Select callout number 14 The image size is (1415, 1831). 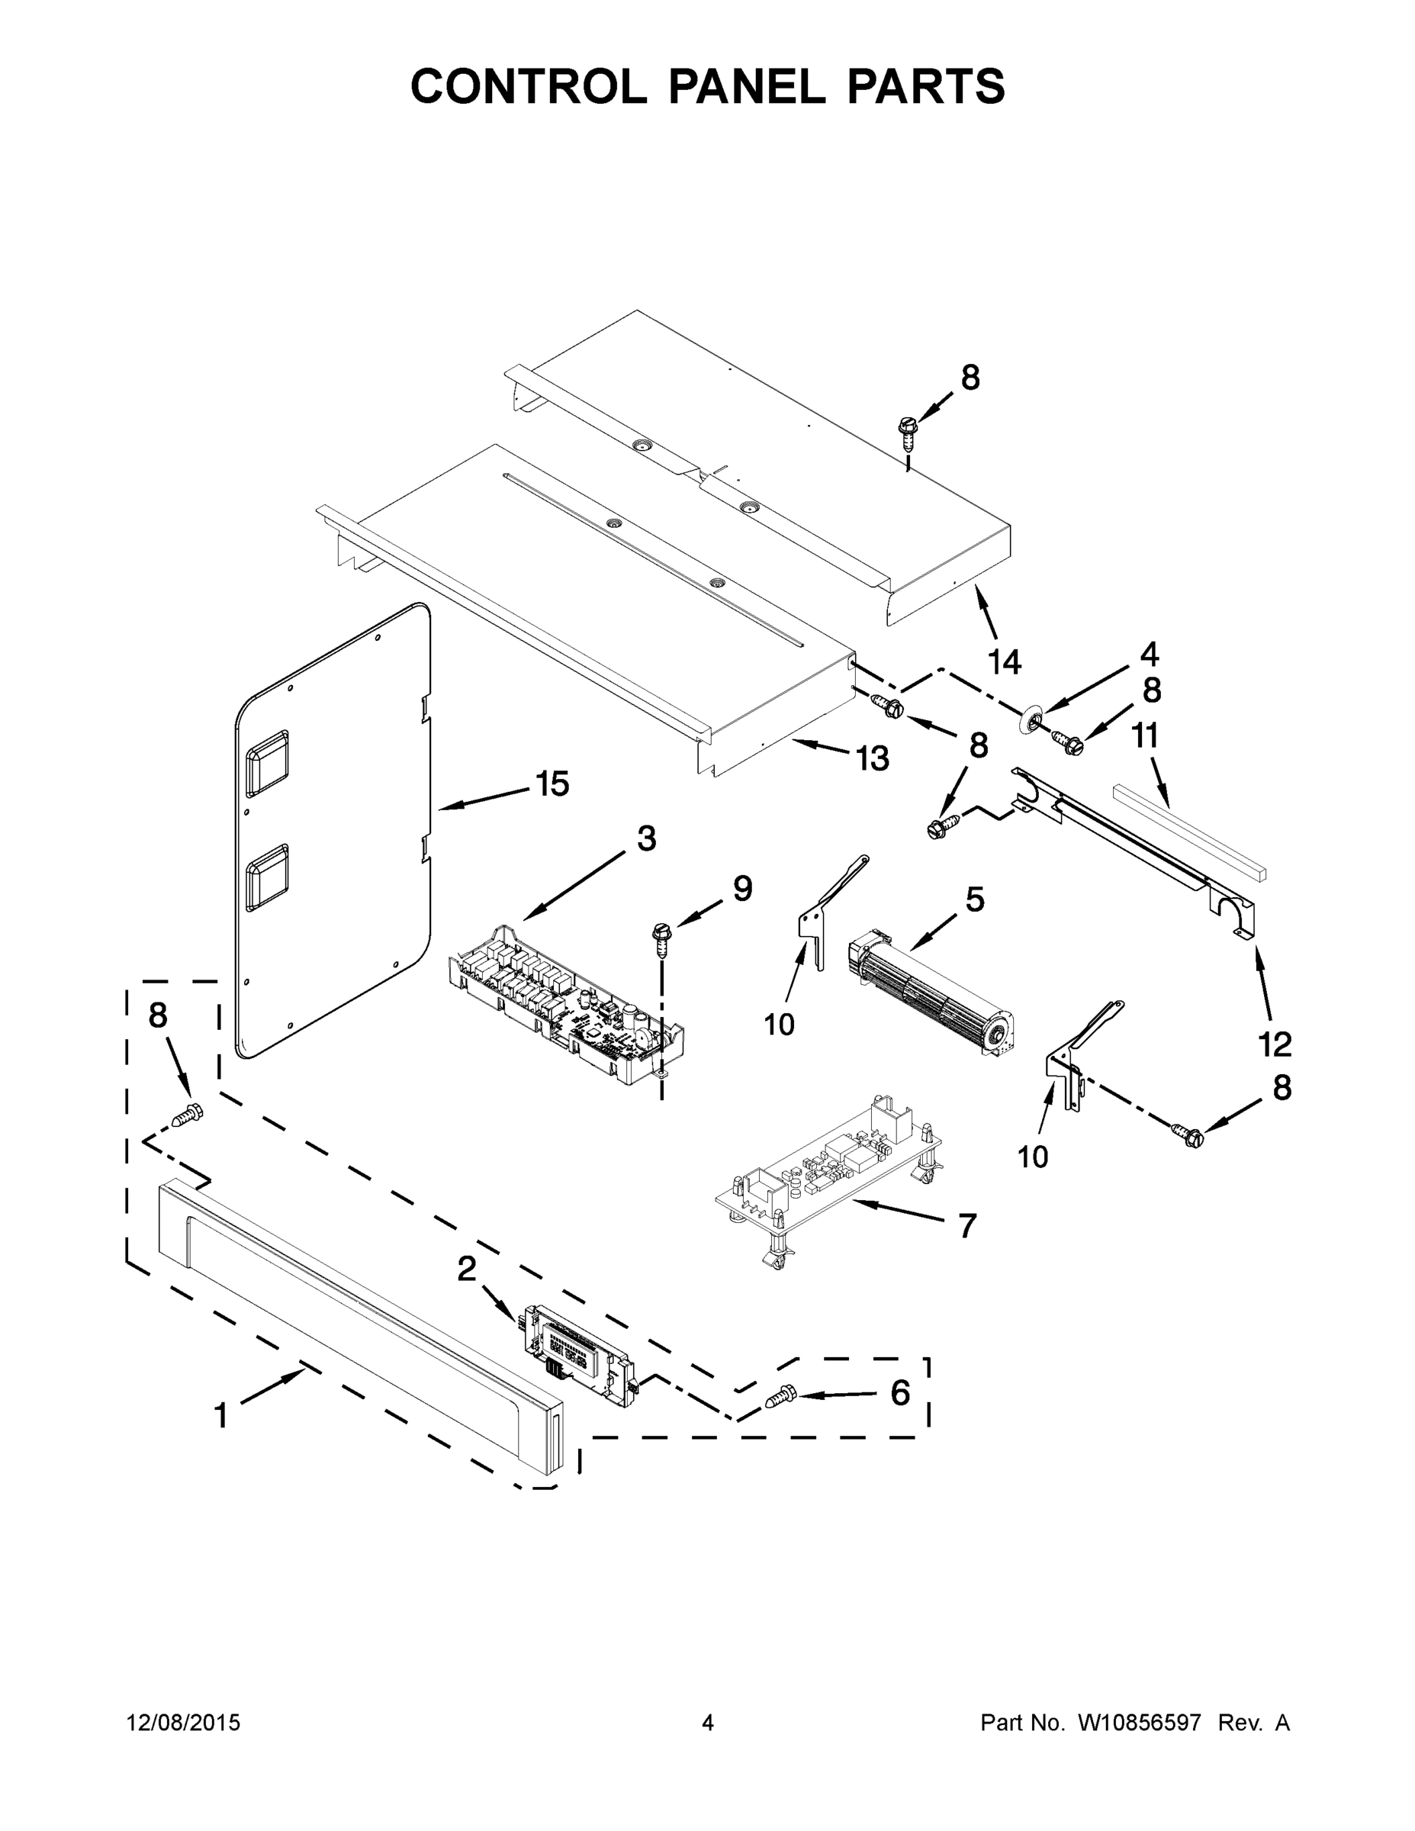coord(1005,662)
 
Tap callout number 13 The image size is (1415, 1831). coord(872,759)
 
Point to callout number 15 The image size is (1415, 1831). coord(552,784)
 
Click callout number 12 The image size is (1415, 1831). coord(1274,1044)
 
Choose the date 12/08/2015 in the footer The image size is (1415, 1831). coord(184,1722)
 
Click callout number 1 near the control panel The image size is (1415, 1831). coord(220,1415)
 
